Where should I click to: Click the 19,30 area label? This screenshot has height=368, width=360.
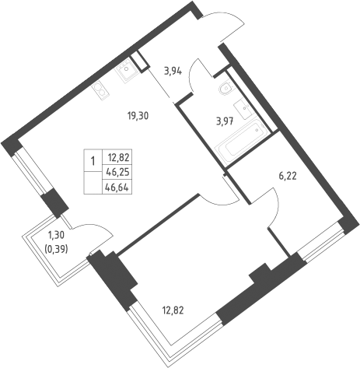[138, 116]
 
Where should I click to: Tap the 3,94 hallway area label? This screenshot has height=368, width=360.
[173, 71]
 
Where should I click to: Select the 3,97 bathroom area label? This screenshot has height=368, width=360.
[225, 121]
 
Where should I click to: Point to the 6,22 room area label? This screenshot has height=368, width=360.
[288, 177]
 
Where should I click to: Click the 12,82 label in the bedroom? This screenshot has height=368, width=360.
[173, 310]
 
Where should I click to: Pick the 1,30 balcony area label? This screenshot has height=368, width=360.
[56, 236]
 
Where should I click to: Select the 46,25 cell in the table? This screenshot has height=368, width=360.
[117, 172]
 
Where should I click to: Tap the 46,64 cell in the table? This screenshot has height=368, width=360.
[117, 187]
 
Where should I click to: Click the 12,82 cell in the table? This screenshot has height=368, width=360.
[117, 157]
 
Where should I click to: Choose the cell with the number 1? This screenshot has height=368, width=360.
[93, 160]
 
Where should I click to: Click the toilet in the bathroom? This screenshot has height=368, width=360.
[226, 88]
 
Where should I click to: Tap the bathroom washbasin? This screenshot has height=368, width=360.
[243, 109]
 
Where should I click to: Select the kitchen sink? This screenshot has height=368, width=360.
[125, 70]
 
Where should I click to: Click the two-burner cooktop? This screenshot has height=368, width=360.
[101, 91]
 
